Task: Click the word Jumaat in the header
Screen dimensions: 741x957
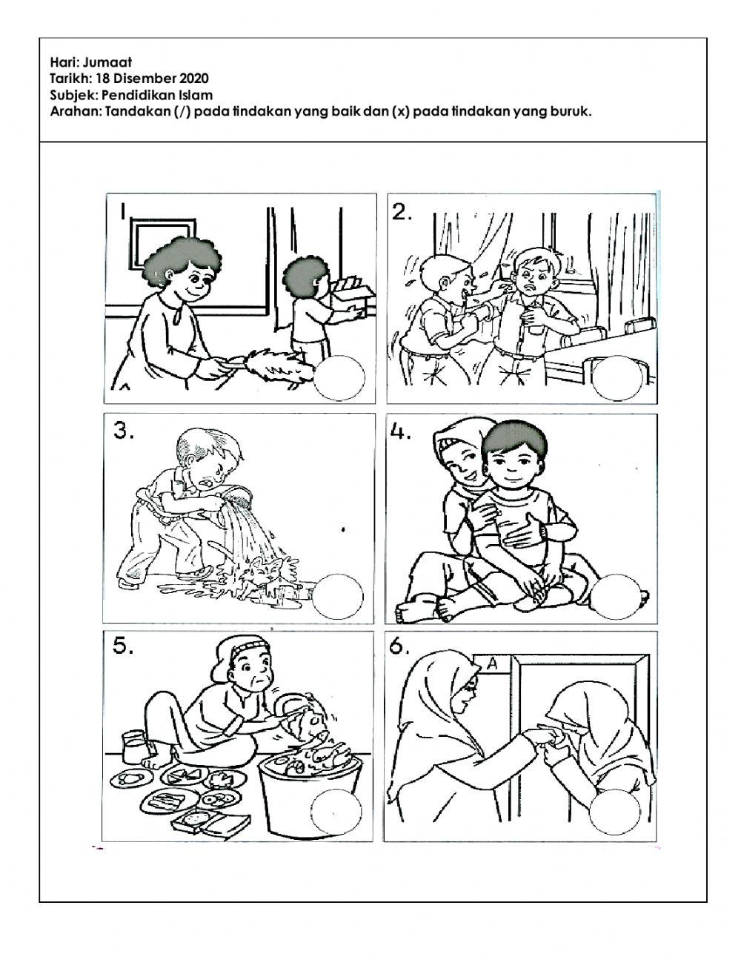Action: tap(107, 62)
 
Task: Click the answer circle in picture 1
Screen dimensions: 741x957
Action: tap(339, 377)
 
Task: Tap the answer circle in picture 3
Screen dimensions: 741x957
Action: tap(337, 596)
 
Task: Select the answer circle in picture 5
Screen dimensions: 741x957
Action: tap(336, 812)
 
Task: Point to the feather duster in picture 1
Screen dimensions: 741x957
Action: tap(275, 368)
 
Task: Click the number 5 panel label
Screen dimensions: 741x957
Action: tap(123, 645)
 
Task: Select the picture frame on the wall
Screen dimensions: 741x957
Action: tap(163, 242)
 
